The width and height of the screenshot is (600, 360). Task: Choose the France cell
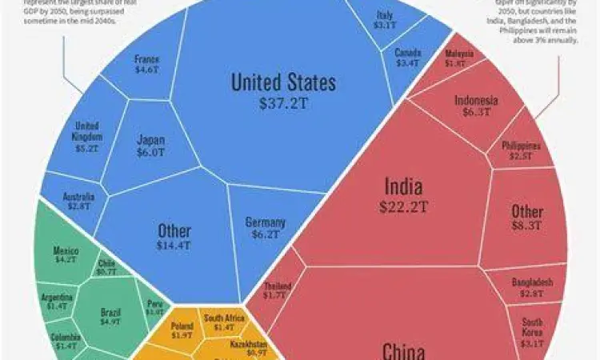pos(146,64)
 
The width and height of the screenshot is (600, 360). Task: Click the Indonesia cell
pos(476,106)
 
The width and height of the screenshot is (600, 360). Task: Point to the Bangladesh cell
pos(532,288)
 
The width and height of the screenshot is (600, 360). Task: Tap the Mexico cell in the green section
pos(65,254)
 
